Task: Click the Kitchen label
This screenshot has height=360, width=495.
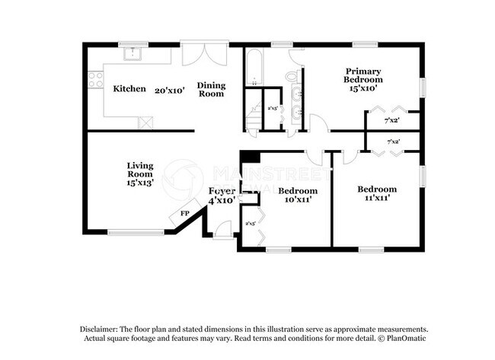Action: (x=129, y=89)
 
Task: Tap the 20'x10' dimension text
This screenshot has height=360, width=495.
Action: (x=171, y=89)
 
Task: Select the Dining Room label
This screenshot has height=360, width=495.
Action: (x=211, y=89)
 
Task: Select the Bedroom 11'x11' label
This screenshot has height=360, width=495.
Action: (x=377, y=193)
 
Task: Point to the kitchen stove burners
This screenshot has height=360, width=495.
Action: (x=95, y=78)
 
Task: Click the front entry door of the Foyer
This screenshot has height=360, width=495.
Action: (x=223, y=229)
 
